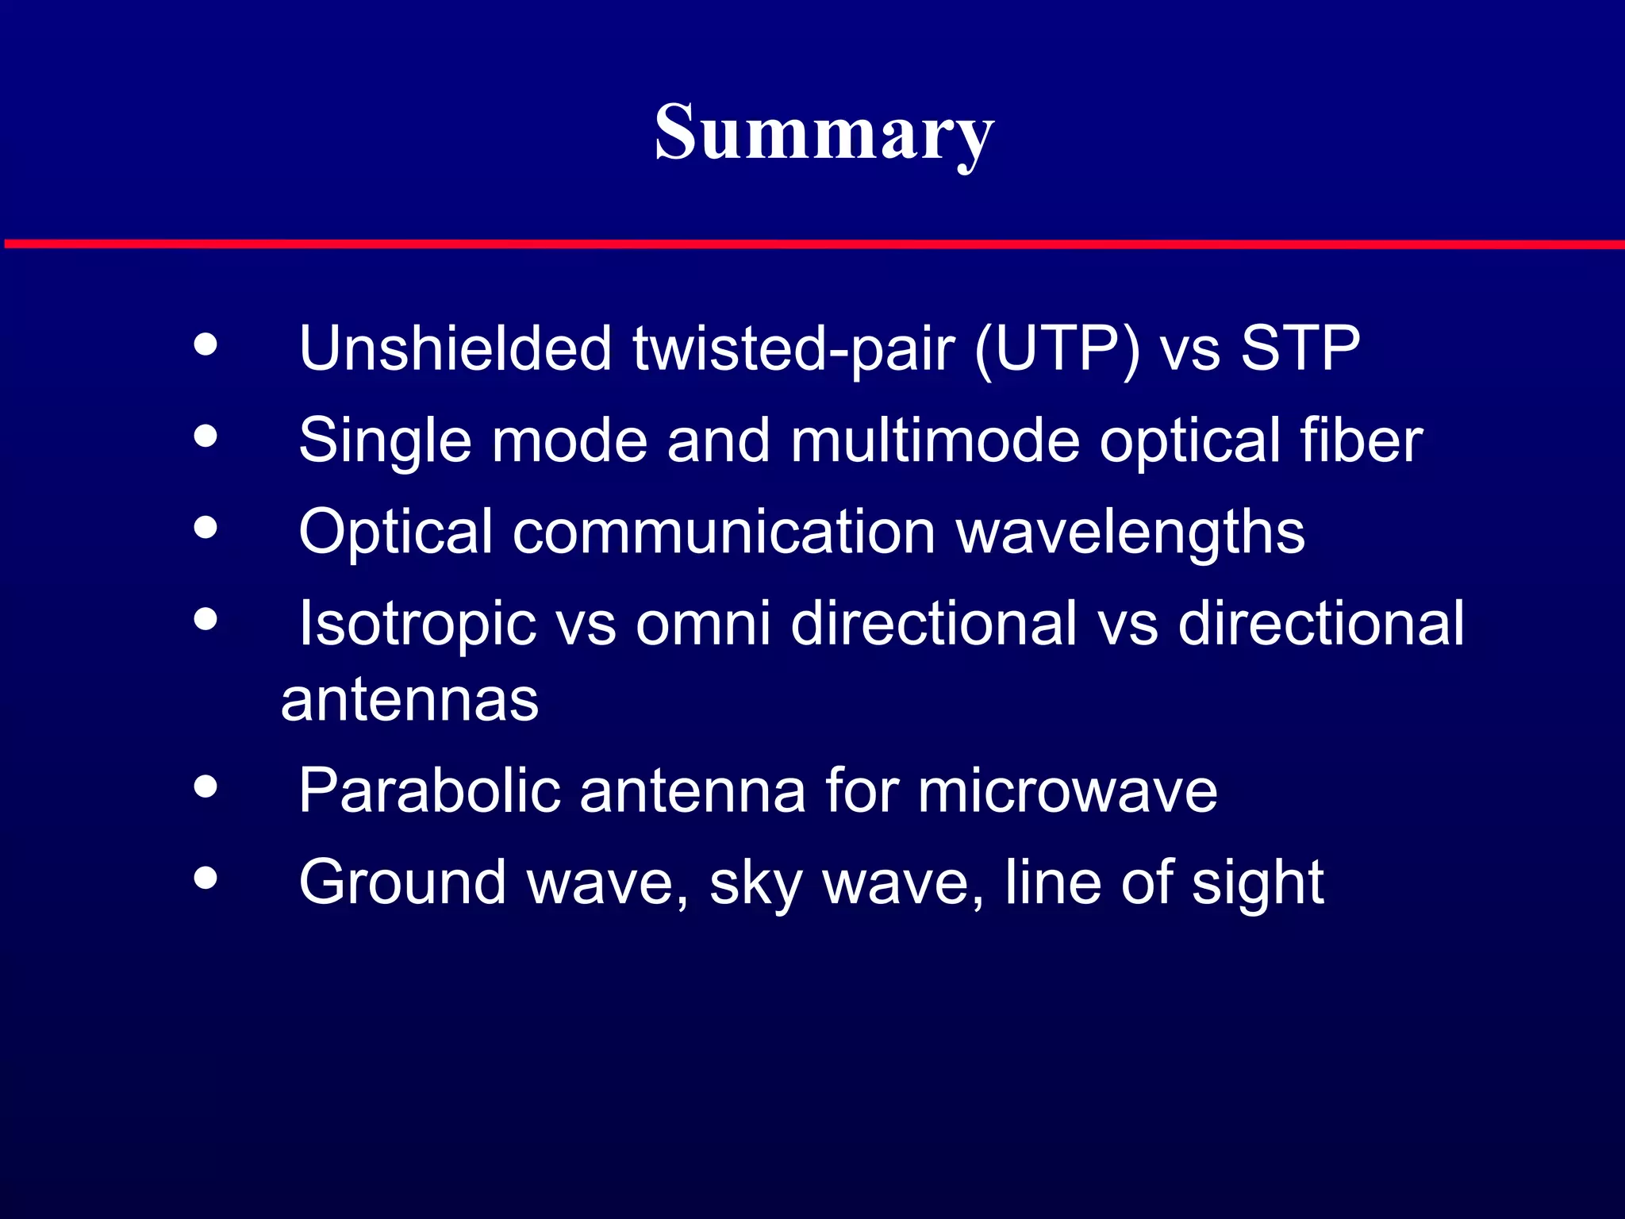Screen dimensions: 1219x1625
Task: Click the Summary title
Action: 824,133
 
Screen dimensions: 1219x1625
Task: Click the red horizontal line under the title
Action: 812,244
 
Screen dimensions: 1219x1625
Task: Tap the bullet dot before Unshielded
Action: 206,344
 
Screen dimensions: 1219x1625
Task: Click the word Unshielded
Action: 455,348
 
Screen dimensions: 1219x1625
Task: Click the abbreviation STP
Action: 1300,348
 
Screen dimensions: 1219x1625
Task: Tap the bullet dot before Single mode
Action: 206,436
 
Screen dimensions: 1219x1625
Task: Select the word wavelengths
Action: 1130,532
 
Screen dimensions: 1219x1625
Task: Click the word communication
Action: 724,531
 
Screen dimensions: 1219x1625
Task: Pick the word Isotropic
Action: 417,624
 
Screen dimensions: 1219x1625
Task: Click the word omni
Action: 702,623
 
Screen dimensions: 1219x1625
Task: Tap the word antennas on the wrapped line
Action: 409,700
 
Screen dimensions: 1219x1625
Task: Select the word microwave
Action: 1066,791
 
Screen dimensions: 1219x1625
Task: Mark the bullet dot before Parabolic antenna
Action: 206,786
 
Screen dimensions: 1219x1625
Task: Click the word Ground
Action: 401,882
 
